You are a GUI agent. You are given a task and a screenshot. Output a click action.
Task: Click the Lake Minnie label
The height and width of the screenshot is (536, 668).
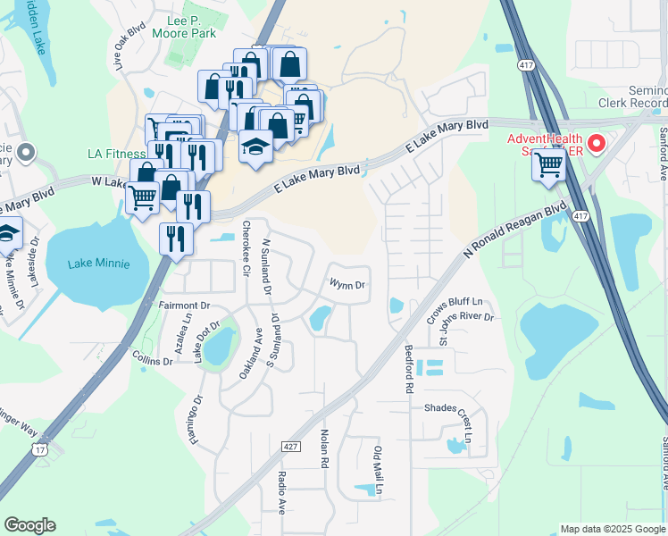[x=99, y=264]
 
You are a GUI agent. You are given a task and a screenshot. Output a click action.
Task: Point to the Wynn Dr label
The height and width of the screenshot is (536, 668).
[x=347, y=285]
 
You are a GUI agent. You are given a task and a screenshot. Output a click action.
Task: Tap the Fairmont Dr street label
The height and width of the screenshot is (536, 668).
[x=184, y=306]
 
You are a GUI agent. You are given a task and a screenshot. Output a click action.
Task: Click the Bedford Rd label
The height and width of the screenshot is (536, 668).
[x=409, y=370]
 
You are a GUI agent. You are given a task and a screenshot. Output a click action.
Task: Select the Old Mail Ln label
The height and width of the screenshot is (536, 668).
[x=379, y=471]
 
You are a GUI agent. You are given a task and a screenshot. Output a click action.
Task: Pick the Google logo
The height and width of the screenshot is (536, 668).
[x=29, y=525]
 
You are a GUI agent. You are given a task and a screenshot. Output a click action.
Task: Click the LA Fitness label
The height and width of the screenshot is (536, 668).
[x=116, y=154]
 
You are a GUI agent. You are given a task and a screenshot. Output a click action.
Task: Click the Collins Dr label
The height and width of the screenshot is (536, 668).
[x=152, y=361]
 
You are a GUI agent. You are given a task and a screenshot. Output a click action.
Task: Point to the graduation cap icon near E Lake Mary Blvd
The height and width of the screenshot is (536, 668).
[x=255, y=146]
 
